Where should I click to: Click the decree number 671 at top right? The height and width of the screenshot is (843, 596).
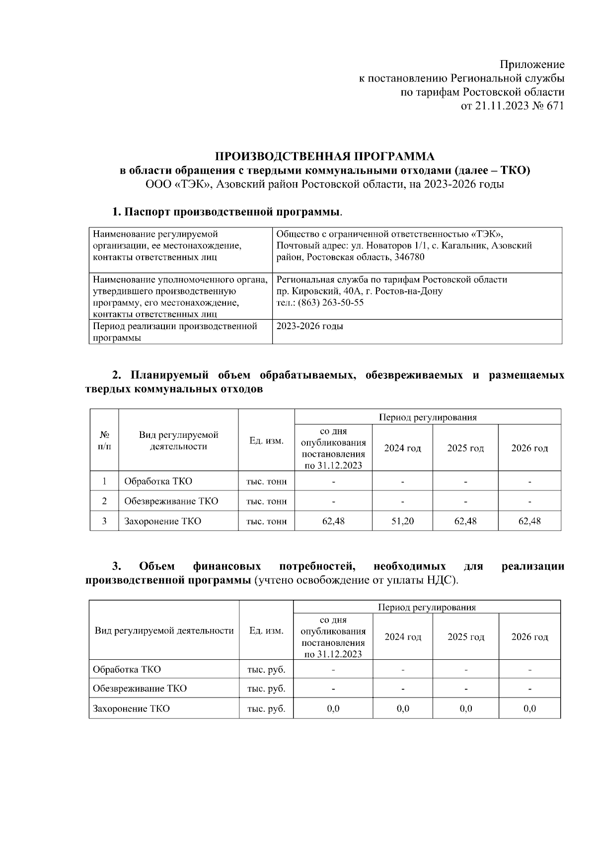[x=555, y=106]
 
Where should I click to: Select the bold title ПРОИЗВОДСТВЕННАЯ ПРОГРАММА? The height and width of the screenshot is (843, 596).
[x=324, y=157]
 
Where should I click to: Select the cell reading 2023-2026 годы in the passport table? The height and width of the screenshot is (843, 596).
[x=309, y=326]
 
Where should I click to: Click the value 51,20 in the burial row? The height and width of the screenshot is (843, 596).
[x=402, y=521]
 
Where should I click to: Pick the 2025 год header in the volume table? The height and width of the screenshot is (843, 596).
[x=465, y=448]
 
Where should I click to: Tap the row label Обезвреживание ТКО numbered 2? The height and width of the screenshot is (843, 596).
[x=171, y=501]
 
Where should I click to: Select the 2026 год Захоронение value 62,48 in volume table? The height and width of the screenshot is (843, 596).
[x=529, y=521]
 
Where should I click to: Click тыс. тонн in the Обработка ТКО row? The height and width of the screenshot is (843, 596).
[x=266, y=481]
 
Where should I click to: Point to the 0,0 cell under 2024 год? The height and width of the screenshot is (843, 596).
[x=403, y=708]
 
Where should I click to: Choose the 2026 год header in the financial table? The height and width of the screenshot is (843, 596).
[x=529, y=637]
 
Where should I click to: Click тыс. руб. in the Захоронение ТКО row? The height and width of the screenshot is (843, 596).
[x=266, y=708]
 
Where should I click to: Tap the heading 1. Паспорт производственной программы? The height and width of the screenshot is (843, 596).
[x=227, y=212]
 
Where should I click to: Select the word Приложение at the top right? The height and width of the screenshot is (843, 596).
[x=532, y=65]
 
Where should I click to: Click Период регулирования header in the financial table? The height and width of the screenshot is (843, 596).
[x=427, y=607]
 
